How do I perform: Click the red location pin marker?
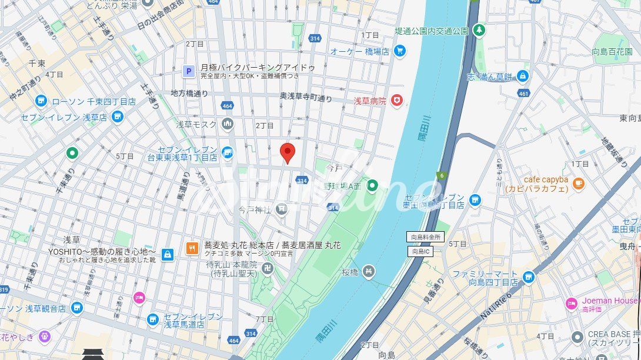pos(287,152)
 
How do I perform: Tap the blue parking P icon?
pos(189,72)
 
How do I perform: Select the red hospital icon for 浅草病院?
pos(398,101)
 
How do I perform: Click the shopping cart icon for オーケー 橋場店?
pos(400,51)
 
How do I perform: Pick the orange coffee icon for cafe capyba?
pos(579,183)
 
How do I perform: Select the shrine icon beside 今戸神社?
pos(282,208)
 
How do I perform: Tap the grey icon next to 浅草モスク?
pos(227,124)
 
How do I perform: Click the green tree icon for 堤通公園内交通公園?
pos(480,29)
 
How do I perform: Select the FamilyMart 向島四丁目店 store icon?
pos(528,277)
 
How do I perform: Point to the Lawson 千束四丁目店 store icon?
pos(41,101)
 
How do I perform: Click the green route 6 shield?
pos(440,175)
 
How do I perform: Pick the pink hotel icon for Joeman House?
pos(571,304)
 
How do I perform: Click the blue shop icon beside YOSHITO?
pos(168,255)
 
